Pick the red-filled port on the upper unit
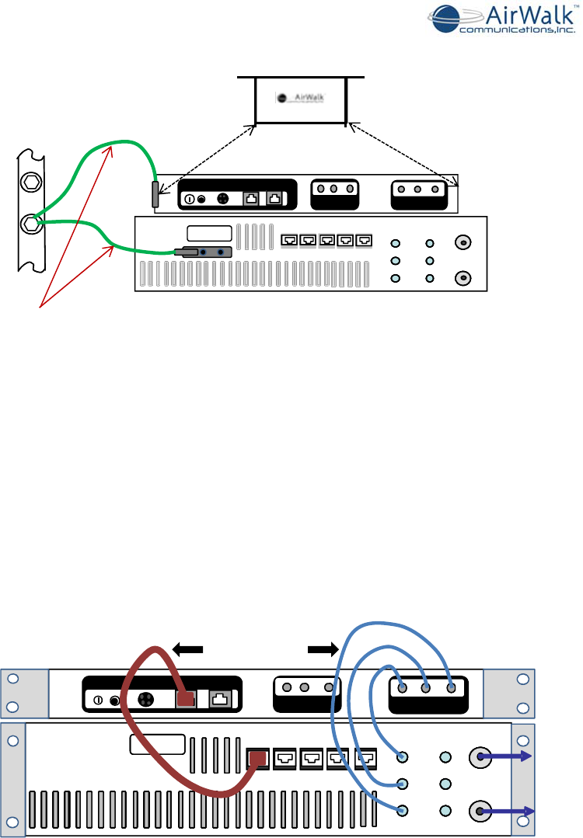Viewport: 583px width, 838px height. pyautogui.click(x=185, y=699)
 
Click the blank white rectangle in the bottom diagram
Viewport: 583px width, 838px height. pyautogui.click(x=158, y=744)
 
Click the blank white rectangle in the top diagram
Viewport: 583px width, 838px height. pyautogui.click(x=209, y=232)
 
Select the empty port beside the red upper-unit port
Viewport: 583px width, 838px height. pyautogui.click(x=220, y=699)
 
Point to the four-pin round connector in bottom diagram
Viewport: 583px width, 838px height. pyautogui.click(x=144, y=699)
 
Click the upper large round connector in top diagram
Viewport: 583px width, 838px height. pyautogui.click(x=463, y=242)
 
